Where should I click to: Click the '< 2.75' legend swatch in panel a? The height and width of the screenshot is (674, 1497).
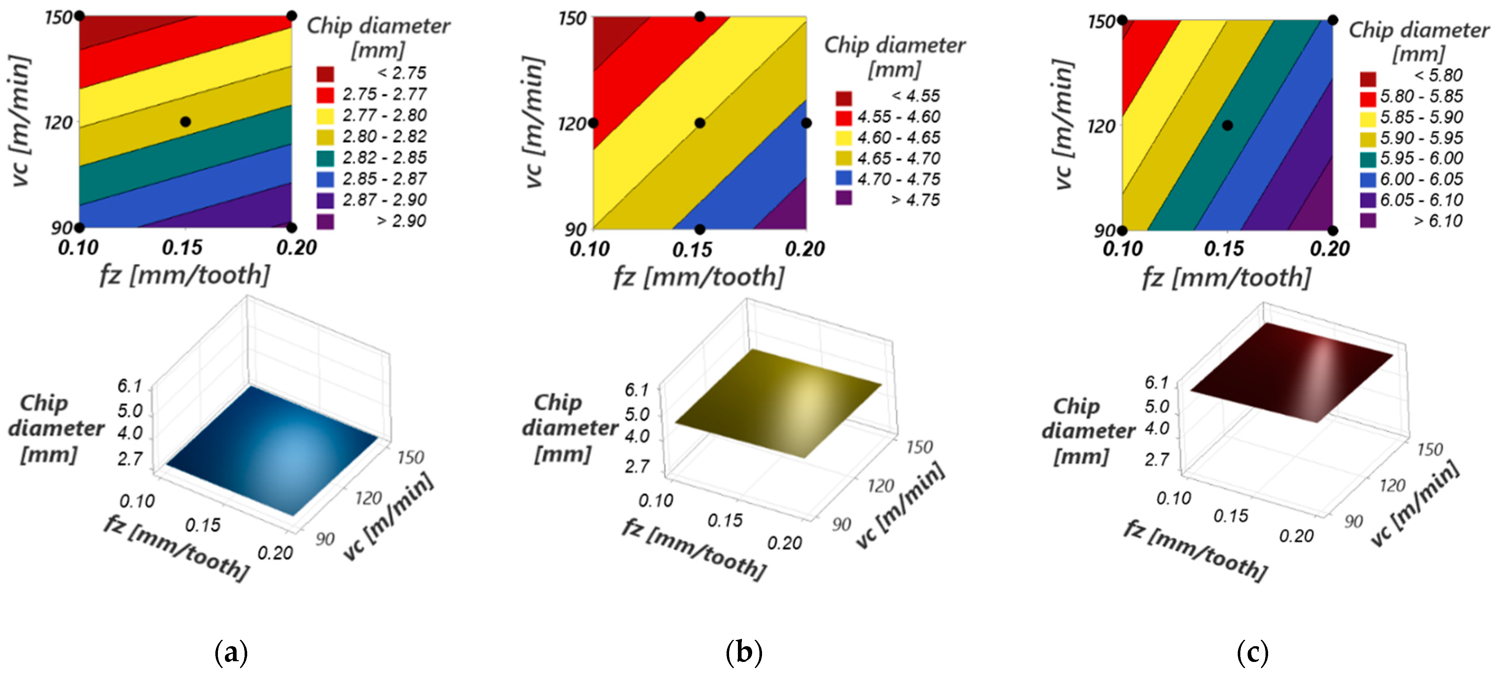pyautogui.click(x=325, y=74)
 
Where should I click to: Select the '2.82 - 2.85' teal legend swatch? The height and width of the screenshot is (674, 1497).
pyautogui.click(x=325, y=158)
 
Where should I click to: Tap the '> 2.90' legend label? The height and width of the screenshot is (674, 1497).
pyautogui.click(x=401, y=221)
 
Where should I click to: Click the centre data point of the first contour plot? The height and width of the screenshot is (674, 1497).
pyautogui.click(x=185, y=121)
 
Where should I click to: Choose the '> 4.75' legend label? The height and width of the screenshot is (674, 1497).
pyautogui.click(x=915, y=200)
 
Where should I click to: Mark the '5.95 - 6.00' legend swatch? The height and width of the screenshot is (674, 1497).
pyautogui.click(x=1368, y=159)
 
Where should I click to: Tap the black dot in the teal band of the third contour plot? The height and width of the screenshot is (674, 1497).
pyautogui.click(x=1227, y=125)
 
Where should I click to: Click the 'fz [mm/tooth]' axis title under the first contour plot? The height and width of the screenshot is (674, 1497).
pyautogui.click(x=185, y=275)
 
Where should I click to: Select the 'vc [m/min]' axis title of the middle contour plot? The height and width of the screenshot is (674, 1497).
pyautogui.click(x=533, y=122)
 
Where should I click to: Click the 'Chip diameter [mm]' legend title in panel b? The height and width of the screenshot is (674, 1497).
pyautogui.click(x=895, y=57)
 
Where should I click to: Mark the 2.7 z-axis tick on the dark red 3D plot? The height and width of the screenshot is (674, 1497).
pyautogui.click(x=1157, y=460)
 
